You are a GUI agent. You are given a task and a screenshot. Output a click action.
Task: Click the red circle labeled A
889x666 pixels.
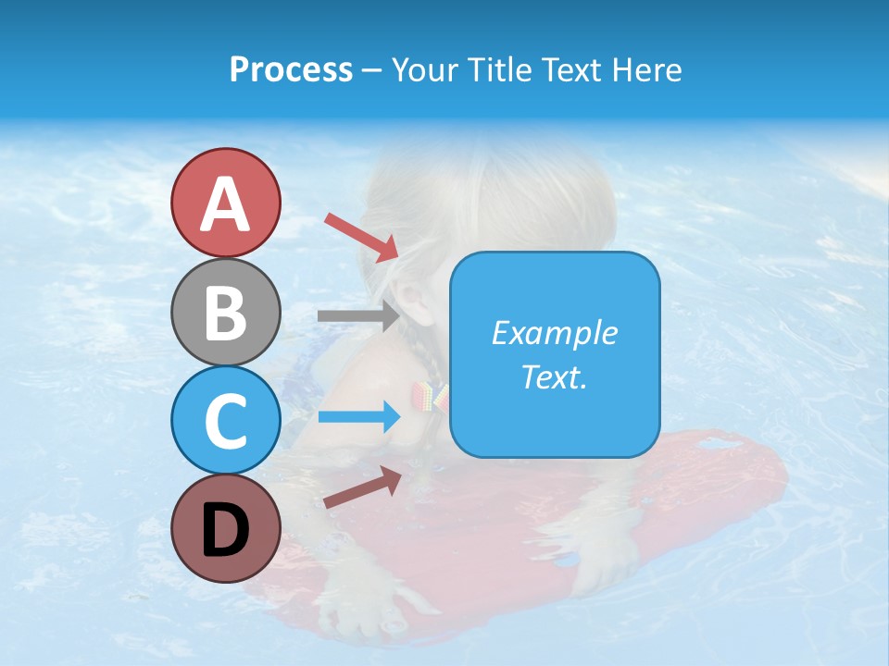coord(225,203)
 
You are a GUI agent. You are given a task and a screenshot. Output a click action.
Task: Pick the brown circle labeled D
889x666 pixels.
coord(225,528)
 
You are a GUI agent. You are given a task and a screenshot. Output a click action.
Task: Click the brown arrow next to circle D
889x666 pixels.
coord(362,488)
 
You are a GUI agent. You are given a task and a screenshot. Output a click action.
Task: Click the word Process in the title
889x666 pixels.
coord(291,70)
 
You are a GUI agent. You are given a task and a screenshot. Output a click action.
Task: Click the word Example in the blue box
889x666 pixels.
coord(554,333)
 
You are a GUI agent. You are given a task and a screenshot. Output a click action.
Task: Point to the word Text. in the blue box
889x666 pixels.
coord(554,376)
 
